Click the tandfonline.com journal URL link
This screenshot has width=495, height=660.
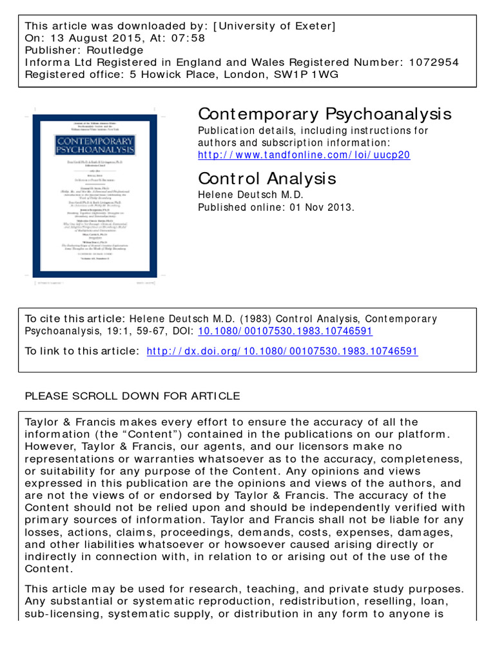(x=304, y=155)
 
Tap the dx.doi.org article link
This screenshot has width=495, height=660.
(x=282, y=351)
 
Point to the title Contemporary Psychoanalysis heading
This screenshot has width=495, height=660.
(x=325, y=114)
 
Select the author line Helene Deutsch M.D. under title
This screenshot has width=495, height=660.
(x=251, y=195)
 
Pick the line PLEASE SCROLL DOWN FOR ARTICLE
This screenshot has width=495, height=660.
(x=132, y=396)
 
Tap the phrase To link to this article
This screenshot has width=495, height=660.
(x=81, y=351)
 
